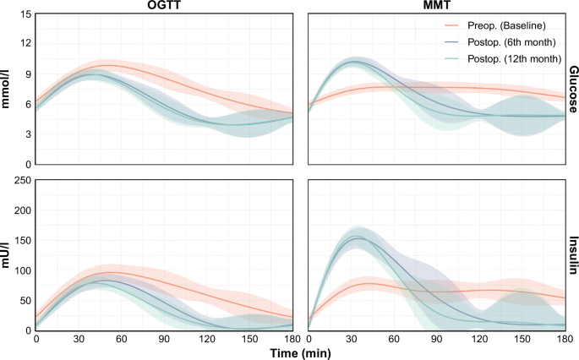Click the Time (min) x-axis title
(296, 352)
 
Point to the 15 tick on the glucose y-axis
(25, 15)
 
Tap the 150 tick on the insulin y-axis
(22, 240)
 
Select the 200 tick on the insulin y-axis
(22, 210)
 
